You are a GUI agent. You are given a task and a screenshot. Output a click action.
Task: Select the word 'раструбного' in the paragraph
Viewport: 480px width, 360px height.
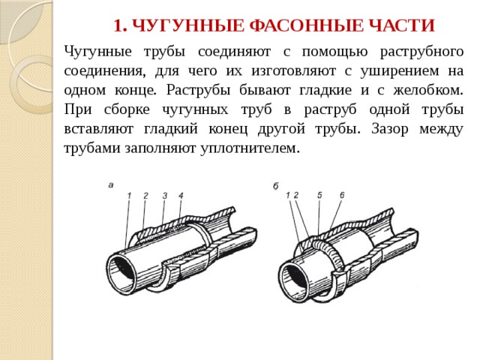421,52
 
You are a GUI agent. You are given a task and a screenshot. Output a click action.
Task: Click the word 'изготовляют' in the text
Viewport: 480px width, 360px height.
293,71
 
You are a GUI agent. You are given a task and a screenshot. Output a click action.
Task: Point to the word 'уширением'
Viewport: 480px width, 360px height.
400,71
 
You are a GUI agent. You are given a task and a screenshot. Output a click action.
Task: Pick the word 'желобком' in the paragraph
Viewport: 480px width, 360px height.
428,90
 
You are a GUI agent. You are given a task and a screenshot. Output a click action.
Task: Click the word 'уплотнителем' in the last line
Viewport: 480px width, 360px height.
250,149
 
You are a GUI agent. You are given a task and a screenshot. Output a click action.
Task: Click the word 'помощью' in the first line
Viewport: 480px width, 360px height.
335,52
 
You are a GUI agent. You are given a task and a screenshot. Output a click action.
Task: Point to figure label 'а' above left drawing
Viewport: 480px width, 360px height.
111,185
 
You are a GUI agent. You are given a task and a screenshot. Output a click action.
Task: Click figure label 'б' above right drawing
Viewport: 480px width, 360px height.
275,186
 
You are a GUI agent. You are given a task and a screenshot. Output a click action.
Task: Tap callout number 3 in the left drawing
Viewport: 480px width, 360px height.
165,195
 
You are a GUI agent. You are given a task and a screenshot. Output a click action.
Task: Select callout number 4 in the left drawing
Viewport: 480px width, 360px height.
181,195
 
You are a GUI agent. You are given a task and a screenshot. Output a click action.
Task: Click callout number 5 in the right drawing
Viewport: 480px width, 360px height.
319,195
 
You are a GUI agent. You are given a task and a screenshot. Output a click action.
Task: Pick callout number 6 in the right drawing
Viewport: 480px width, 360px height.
342,195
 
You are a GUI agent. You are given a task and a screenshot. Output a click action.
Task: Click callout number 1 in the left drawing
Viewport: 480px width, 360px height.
129,195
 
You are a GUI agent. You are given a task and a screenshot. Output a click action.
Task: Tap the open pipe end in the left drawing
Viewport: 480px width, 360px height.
121,273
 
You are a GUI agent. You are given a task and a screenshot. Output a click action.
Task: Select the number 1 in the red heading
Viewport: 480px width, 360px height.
120,25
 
